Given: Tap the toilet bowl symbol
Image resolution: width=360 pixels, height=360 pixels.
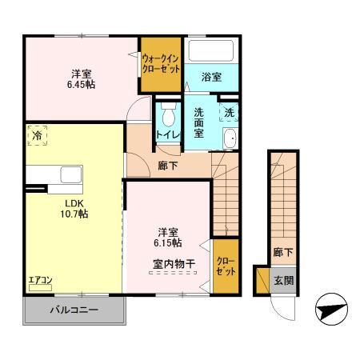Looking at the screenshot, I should pos(168,111).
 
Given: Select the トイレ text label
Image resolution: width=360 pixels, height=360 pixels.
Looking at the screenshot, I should pos(167,134).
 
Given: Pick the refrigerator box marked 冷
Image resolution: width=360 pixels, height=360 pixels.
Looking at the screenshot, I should pos(37,137).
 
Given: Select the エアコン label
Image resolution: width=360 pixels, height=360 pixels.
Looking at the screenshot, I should pos(39,280).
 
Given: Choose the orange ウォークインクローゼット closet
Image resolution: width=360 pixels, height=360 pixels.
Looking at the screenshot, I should pos(160,62).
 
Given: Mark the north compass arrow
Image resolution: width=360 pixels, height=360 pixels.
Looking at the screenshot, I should pos(333,310).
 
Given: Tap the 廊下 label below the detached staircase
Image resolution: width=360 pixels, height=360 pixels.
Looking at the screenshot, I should pos(282,251).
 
